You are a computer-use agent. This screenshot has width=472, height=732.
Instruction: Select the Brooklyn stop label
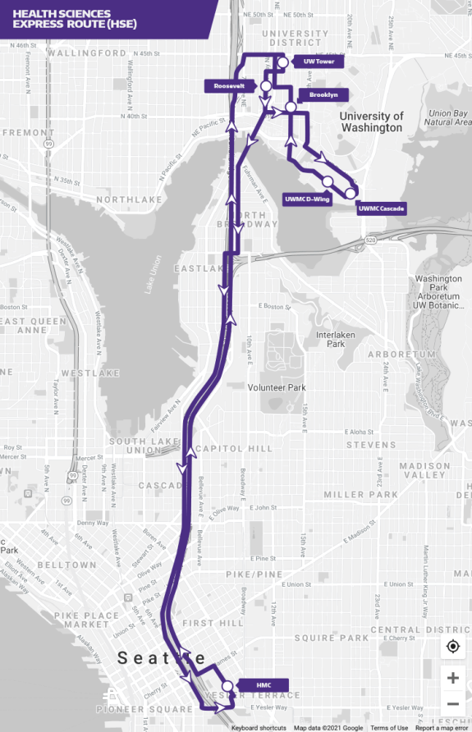(x=323, y=95)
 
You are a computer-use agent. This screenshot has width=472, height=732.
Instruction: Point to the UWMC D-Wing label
(x=306, y=199)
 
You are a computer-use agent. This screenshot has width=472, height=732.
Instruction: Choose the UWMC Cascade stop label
(x=382, y=209)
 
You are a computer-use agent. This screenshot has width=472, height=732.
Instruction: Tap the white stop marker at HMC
(x=227, y=685)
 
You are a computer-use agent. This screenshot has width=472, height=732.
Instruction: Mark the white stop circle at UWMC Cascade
(x=351, y=193)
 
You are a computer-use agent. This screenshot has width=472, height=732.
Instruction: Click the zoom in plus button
(x=452, y=678)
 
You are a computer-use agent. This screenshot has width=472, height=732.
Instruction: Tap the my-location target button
(x=452, y=647)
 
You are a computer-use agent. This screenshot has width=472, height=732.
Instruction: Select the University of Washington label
(x=372, y=121)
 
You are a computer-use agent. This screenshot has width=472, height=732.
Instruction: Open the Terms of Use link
(x=389, y=728)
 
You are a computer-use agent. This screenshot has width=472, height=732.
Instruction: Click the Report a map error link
(x=442, y=728)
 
